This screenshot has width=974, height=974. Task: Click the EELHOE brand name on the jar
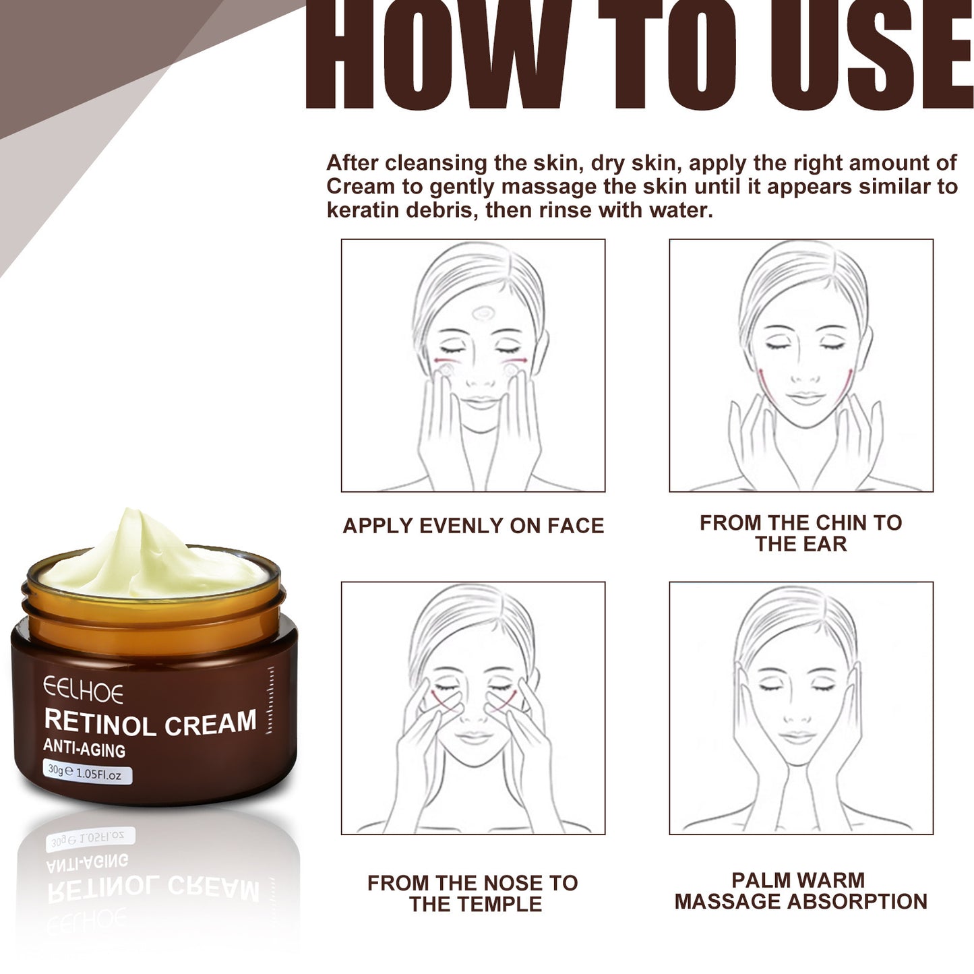(84, 691)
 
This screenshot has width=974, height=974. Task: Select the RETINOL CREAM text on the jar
(150, 723)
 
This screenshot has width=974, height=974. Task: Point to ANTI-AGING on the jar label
(84, 749)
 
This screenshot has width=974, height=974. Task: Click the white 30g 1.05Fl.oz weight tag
(86, 772)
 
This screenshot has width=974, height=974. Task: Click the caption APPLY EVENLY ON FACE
(473, 526)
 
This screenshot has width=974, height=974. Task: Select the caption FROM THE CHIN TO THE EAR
(801, 533)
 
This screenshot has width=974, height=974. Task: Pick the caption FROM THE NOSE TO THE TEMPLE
(473, 893)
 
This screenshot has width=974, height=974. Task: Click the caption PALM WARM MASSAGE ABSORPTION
(801, 890)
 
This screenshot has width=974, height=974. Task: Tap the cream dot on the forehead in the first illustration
(483, 313)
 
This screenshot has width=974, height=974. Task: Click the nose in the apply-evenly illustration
(481, 377)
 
